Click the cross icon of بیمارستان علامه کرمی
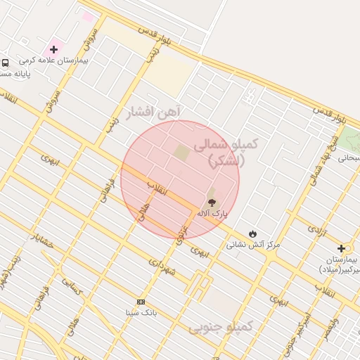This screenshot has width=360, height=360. pos(53,49)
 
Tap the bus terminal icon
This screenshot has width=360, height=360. pos(6,62)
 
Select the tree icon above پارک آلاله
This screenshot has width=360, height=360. pos(213,202)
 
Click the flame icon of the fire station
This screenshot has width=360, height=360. pos(253,233)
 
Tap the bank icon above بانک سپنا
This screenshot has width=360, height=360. pos(141,302)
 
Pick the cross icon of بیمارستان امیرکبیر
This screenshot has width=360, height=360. pos(341,248)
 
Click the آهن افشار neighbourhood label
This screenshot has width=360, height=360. pos(153,112)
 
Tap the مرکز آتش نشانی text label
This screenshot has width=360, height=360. pos(253,245)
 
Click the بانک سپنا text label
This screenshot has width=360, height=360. pos(138,312)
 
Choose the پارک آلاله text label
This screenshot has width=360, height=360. pos(212,212)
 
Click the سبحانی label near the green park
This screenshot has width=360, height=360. pos(349,157)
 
